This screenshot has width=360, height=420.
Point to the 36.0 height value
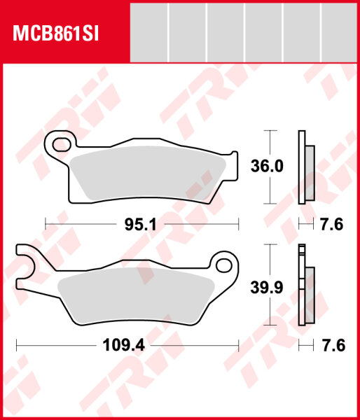(x=267, y=166)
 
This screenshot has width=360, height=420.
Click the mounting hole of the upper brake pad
(x=61, y=146)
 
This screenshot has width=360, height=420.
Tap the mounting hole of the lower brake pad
(x=224, y=265)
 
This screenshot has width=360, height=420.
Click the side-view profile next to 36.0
(x=305, y=167)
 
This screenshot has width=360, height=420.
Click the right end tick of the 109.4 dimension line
(x=240, y=344)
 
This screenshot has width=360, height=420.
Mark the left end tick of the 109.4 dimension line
(x=16, y=344)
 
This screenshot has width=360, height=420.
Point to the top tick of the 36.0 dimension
(x=267, y=131)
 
